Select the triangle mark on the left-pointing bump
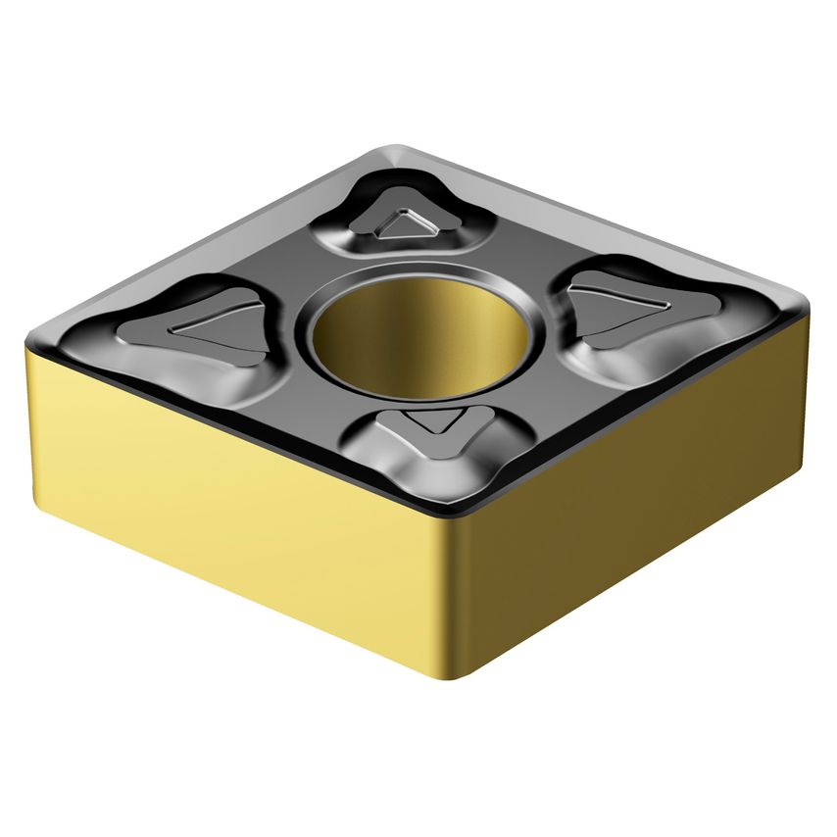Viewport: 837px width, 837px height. (218, 325)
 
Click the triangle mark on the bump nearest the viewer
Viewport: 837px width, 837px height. (430, 423)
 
